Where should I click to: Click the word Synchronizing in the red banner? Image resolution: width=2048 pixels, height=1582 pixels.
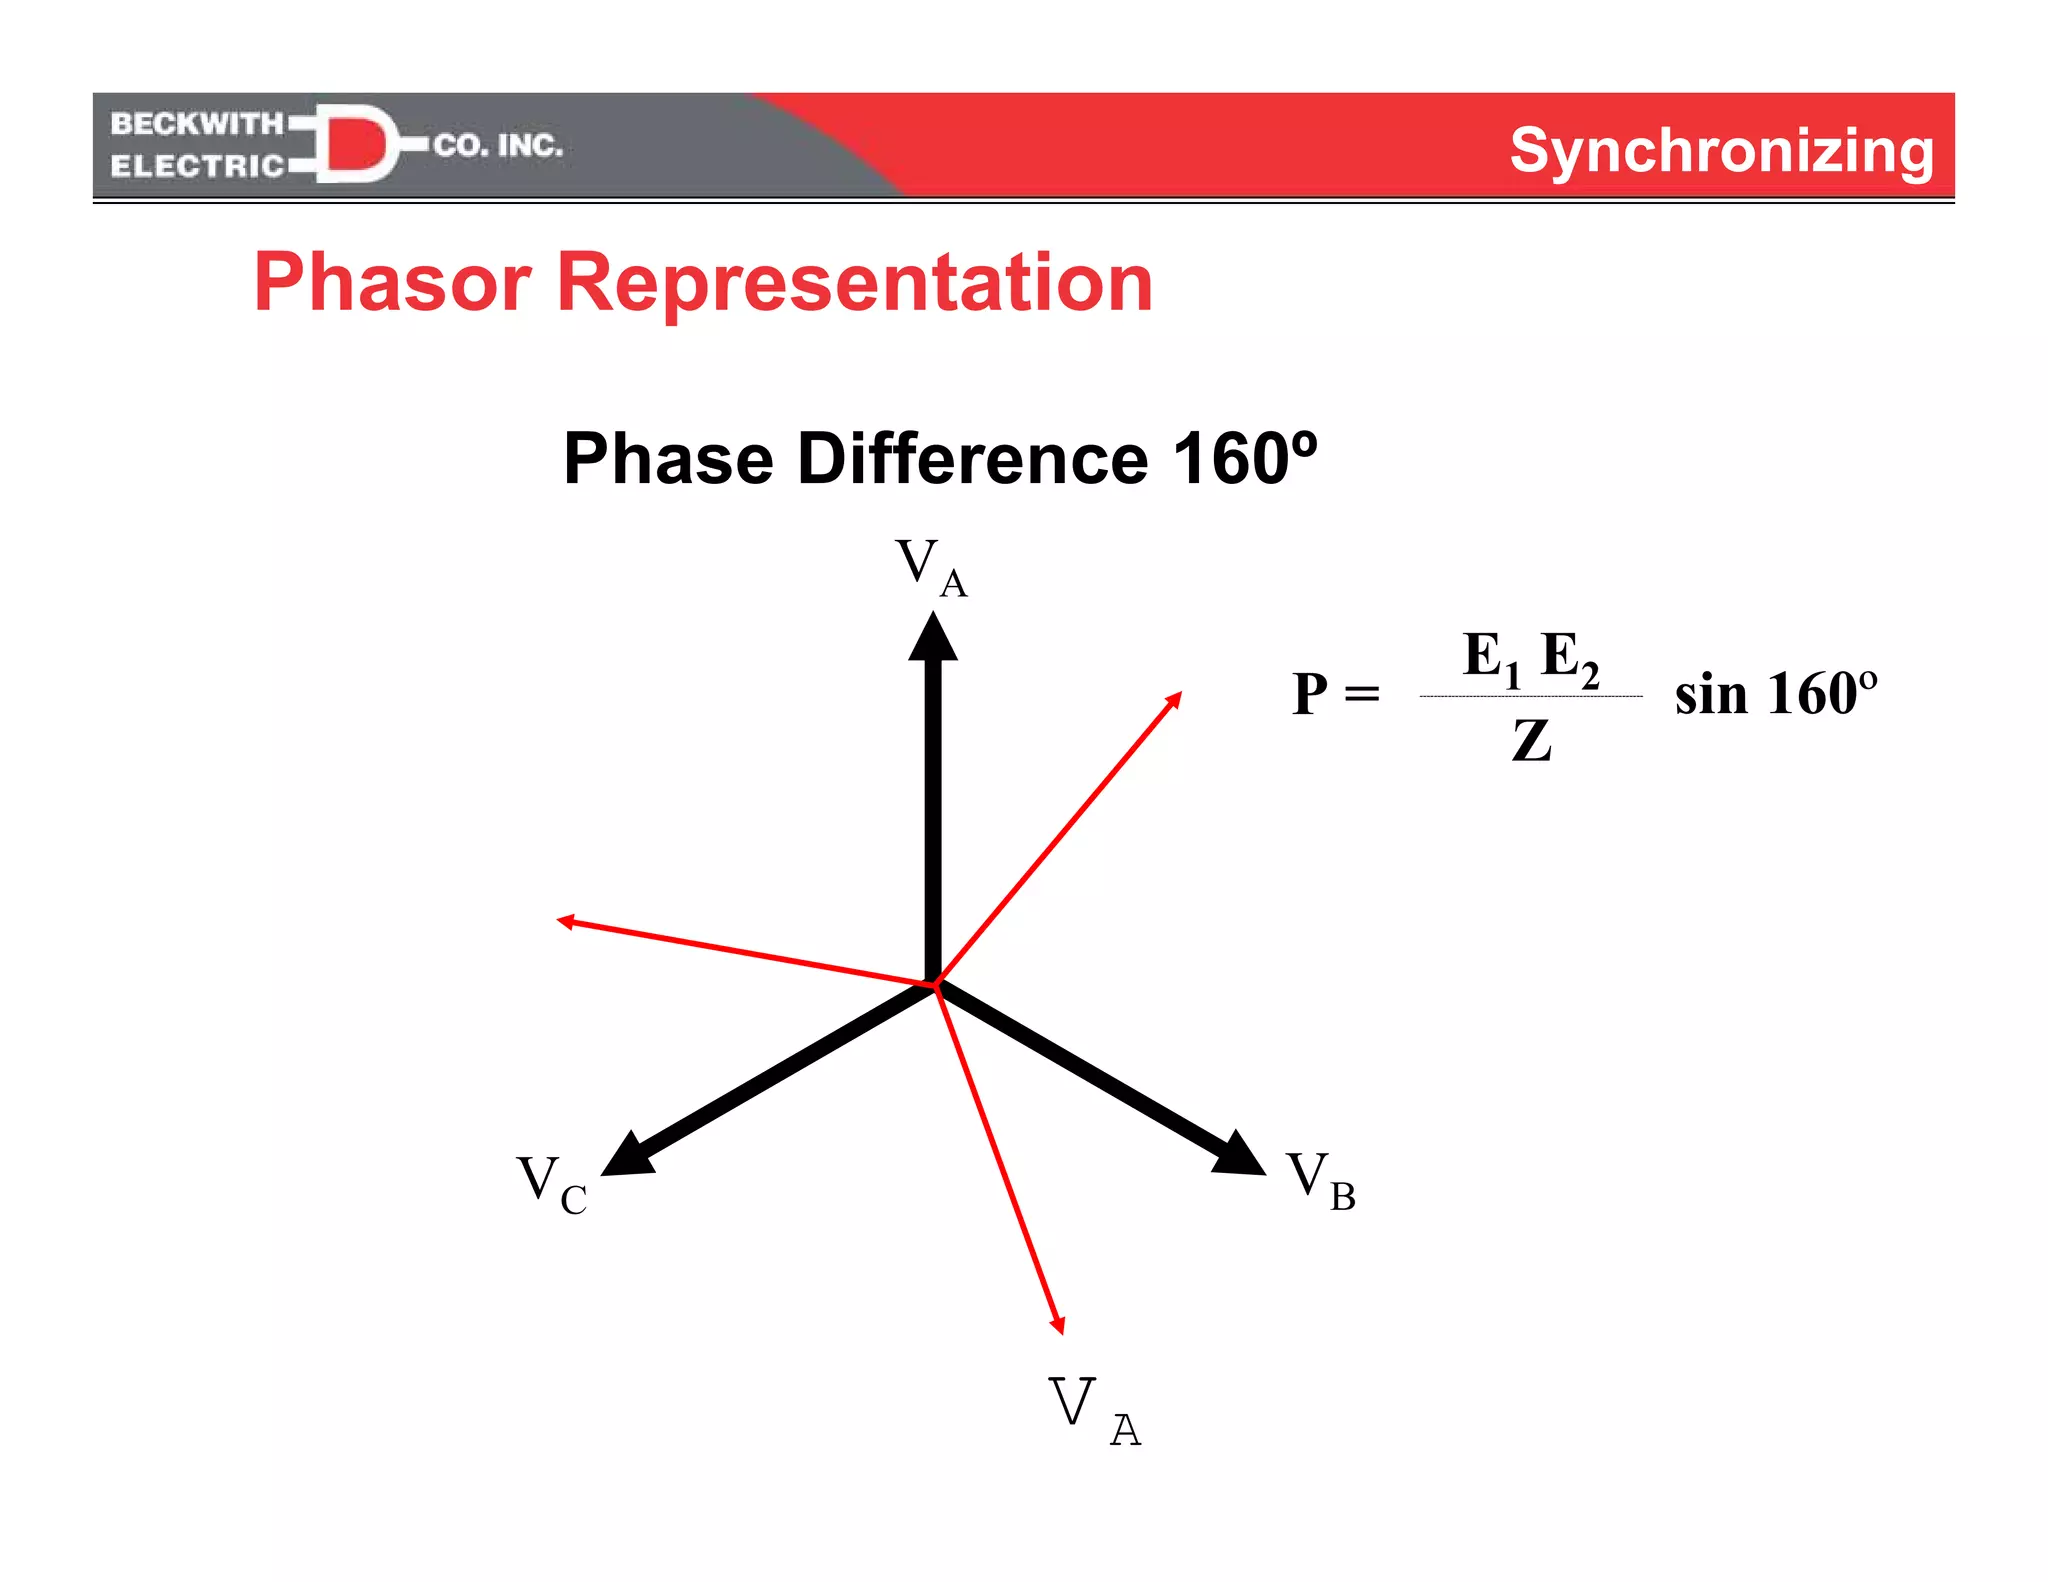pos(1721,151)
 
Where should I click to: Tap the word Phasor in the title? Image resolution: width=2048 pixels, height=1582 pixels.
pos(392,283)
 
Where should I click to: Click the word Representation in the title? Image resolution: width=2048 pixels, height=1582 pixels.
pos(854,283)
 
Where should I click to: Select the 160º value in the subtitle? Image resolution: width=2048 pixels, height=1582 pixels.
pos(1244,459)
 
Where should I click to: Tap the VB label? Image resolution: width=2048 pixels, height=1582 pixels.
pos(1320,1180)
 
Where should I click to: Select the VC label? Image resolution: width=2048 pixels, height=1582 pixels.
pos(551,1184)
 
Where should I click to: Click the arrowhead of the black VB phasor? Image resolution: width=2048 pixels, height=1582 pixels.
pos(1241,1155)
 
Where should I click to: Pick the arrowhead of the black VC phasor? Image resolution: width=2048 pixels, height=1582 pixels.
pos(625,1156)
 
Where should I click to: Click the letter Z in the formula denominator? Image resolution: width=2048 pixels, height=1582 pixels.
pos(1531,741)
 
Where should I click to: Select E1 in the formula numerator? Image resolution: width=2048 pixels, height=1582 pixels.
pos(1490,658)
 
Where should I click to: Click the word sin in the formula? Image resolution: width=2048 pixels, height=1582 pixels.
pos(1710,694)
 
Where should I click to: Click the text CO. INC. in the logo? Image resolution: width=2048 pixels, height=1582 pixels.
pos(498,146)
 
